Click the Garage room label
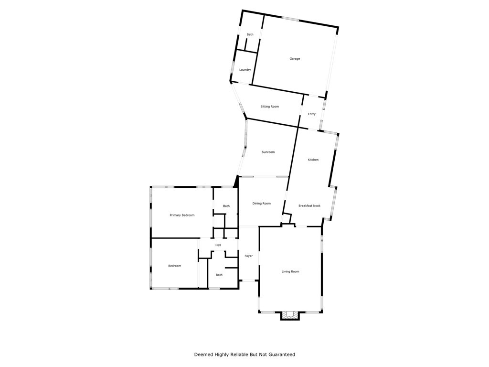click(295, 59)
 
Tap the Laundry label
click(245, 70)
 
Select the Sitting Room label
click(269, 107)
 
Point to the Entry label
click(311, 114)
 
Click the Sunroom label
click(268, 152)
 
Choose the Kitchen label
click(313, 160)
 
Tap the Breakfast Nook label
click(309, 206)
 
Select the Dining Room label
click(261, 204)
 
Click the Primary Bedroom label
click(182, 215)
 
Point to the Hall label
click(218, 245)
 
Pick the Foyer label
click(248, 256)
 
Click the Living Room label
click(290, 271)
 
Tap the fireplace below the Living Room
click(289, 314)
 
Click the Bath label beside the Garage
click(250, 34)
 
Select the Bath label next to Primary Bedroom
click(226, 206)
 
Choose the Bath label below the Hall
click(219, 275)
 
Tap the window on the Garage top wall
click(290, 19)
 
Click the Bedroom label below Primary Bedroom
click(174, 266)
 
